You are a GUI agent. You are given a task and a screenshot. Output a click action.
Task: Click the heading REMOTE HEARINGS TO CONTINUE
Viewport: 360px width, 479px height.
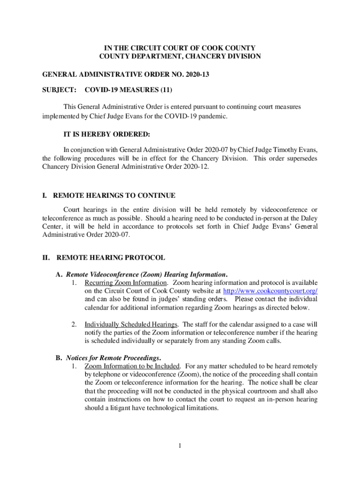point(114,196)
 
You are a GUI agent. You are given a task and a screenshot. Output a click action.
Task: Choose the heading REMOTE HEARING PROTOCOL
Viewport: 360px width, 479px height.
point(110,258)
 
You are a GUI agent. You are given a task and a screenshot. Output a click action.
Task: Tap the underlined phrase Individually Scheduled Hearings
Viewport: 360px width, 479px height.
point(131,325)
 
